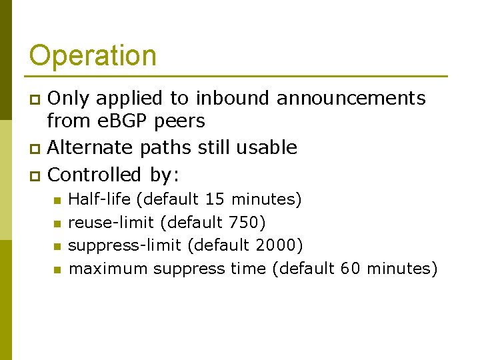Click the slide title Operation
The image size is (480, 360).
[x=93, y=56]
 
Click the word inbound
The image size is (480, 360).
[x=233, y=99]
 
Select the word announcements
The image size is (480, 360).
[x=351, y=99]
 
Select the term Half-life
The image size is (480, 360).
[x=100, y=199]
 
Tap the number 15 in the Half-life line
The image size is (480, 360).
[x=215, y=199]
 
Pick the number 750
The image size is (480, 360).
[x=243, y=222]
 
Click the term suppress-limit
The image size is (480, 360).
[x=125, y=245]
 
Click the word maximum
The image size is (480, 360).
[x=108, y=269]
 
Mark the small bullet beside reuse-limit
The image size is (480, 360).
[x=57, y=223]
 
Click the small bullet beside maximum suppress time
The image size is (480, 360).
[x=57, y=270]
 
